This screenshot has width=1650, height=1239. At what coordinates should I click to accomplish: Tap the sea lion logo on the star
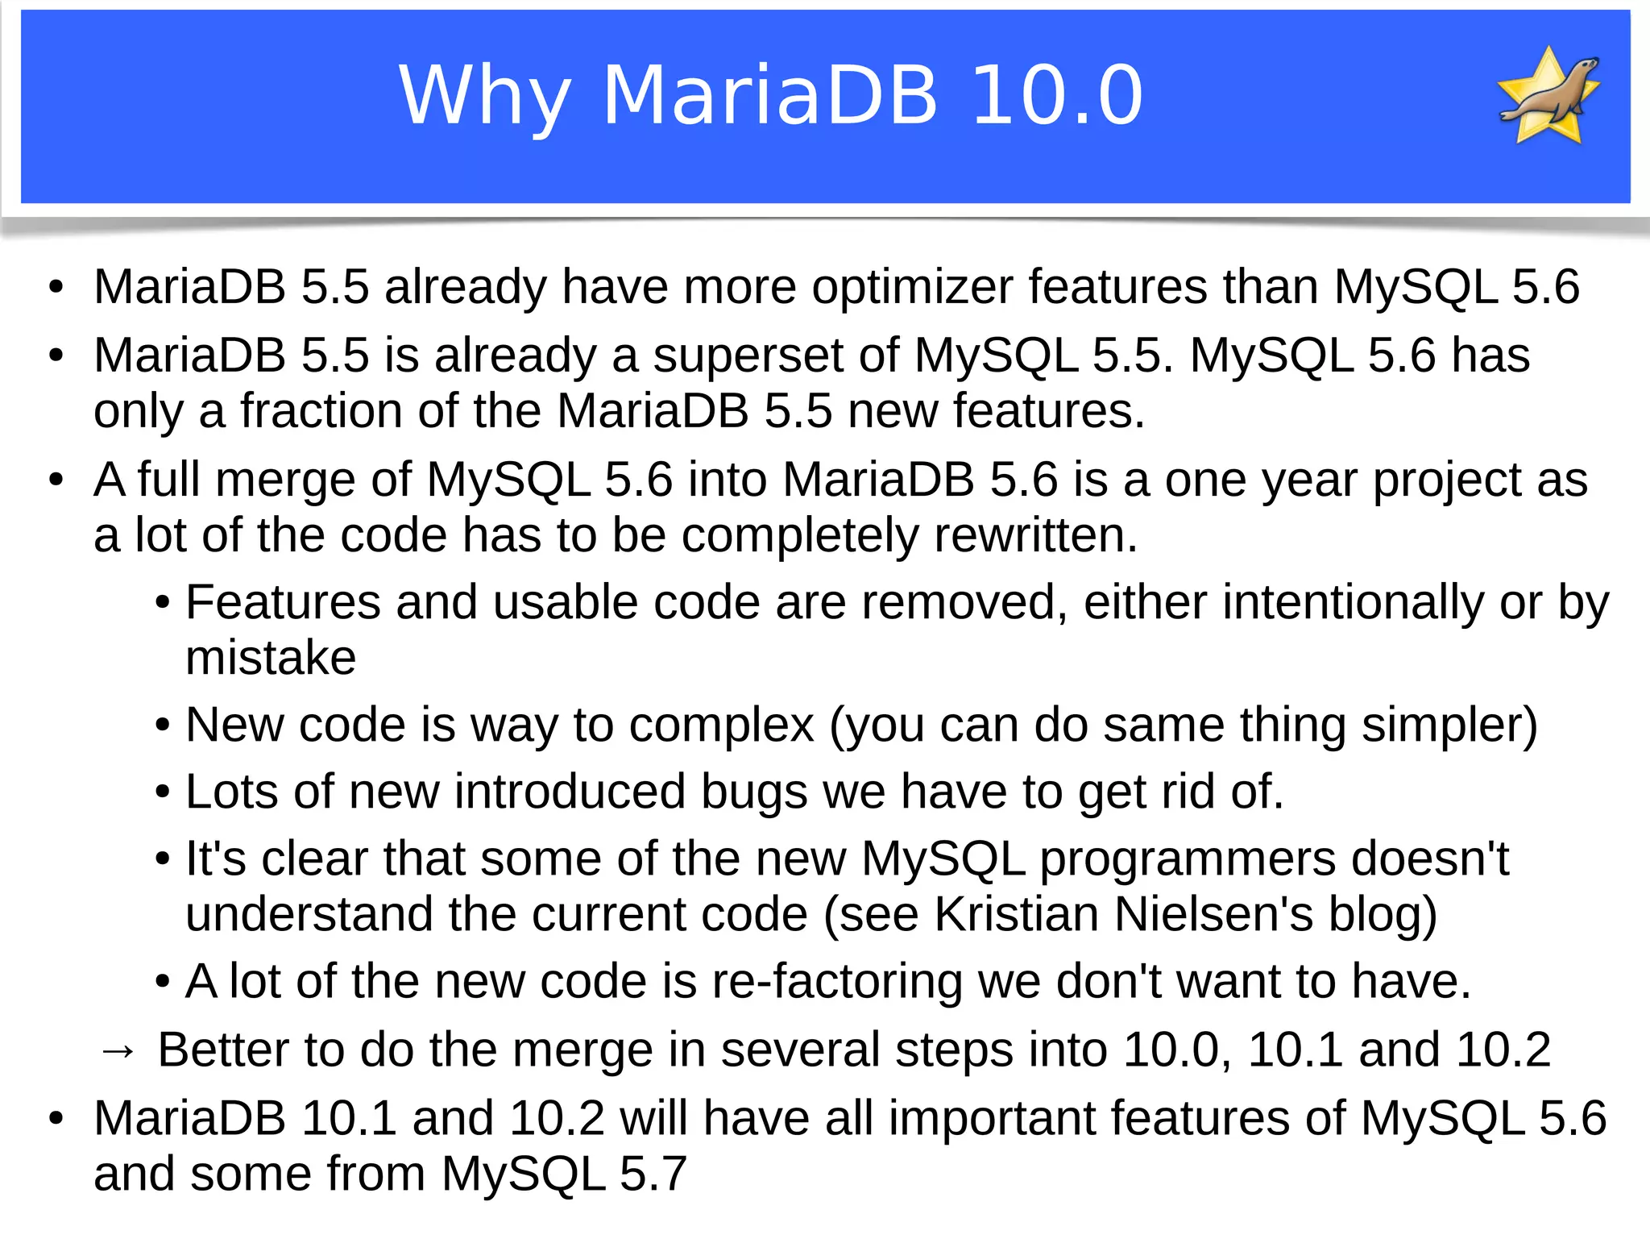1548,95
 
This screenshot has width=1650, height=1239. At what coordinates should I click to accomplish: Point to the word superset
747,355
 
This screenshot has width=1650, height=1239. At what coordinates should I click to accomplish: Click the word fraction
321,411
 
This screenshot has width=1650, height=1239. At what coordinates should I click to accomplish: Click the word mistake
271,658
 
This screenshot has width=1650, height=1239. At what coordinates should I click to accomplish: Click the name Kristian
1016,914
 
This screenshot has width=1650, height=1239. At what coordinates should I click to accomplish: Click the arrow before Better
118,1050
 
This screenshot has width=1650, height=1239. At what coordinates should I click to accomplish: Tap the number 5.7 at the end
653,1174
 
